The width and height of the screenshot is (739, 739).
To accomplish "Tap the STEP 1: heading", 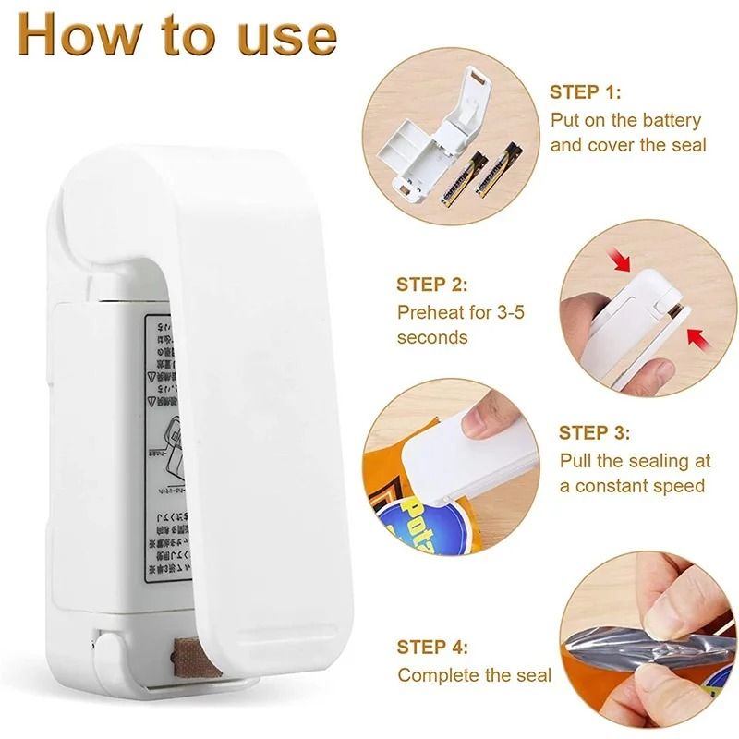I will coord(586,92).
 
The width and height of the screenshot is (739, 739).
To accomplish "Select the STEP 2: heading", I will coord(432,285).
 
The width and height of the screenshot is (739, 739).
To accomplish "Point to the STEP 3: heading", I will coord(595,433).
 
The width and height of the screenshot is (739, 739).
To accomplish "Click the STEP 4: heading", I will coord(432,648).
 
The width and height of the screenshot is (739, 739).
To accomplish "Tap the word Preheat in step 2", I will coord(432,311).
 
